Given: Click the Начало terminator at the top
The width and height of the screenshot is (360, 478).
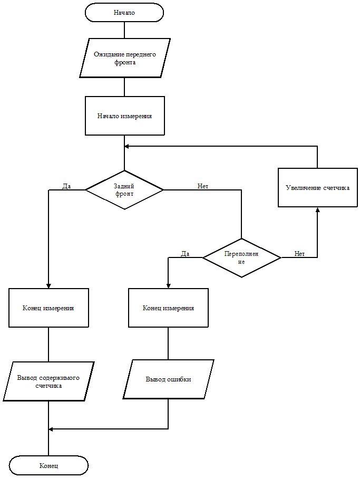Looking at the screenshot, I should coord(124,13).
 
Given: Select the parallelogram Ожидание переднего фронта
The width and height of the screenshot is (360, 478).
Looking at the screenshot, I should coord(125,58).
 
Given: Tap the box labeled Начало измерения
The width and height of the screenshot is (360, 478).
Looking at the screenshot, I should coord(125,116).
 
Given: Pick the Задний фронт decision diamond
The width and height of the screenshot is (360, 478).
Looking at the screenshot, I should coord(124,189).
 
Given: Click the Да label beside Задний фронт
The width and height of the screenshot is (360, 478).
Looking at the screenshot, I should coord(66,186).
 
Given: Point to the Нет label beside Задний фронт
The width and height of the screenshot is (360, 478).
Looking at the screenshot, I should coord(203,186).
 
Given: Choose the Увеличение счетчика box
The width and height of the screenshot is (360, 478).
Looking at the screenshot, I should coord(317,187).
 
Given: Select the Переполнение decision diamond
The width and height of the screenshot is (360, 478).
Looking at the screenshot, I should coord(241,257).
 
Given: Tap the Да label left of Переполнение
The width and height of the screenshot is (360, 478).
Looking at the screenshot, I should coord(184,254).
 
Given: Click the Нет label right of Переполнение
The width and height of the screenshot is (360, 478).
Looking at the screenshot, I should coord(299,254).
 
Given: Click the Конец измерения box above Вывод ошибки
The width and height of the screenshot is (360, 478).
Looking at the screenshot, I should coord(168,308).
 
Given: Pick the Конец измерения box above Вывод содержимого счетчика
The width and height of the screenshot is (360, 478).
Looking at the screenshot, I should coord(48,308).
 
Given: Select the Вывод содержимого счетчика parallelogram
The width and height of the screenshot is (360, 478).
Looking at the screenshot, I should coord(48,381).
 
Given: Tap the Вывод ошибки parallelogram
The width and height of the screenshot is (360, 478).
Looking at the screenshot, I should coord(168,379).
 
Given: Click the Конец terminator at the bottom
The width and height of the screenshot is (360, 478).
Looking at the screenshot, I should coord(48,466).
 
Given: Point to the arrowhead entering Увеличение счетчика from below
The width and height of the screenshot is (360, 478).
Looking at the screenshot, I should coord(317,209).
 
